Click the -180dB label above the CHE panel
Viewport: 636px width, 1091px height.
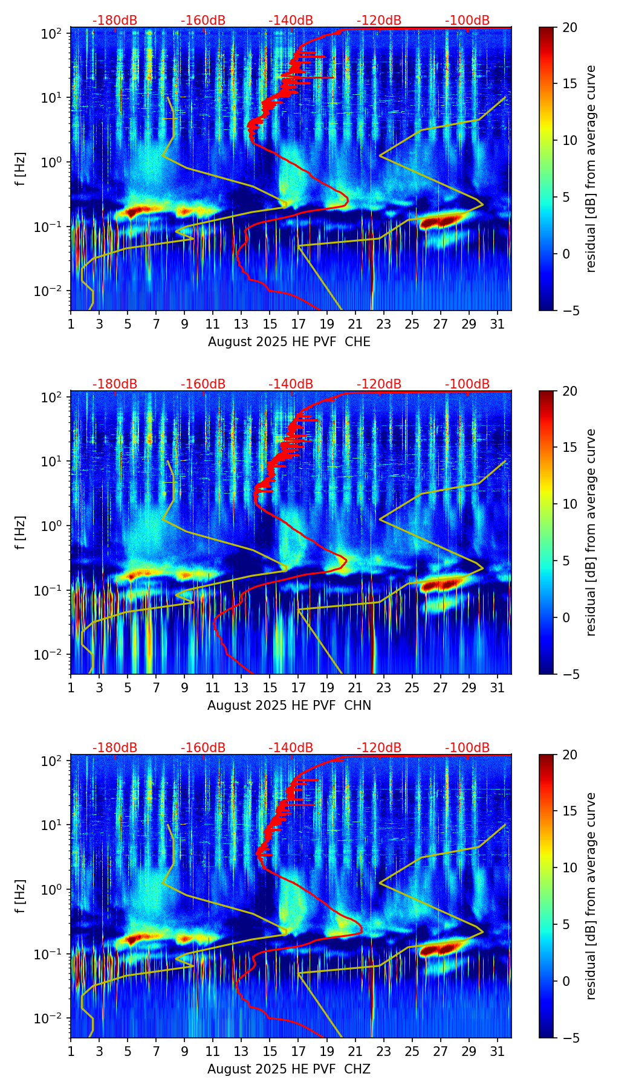coord(115,21)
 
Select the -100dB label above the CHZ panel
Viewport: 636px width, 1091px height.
coord(467,748)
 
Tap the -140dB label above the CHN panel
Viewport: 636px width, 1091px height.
coord(291,384)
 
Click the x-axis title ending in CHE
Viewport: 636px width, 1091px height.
coord(289,342)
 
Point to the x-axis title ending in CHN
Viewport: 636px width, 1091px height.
coord(289,706)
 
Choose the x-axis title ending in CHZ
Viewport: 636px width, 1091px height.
coord(289,1069)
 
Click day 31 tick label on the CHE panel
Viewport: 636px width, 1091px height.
coord(498,324)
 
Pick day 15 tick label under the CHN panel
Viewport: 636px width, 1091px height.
coord(270,687)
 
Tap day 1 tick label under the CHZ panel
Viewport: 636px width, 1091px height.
coord(71,1051)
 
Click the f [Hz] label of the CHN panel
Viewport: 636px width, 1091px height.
coord(21,532)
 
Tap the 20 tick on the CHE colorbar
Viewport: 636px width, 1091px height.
coord(569,27)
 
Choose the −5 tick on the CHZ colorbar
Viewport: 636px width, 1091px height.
coord(569,1037)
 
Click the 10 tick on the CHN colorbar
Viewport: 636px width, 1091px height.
coord(569,504)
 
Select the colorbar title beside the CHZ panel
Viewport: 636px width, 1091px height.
coord(591,896)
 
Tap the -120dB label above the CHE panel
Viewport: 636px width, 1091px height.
coord(379,21)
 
